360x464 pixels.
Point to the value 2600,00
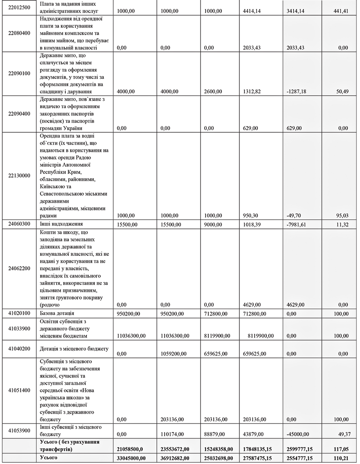click(213, 91)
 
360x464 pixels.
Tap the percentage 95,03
click(339, 216)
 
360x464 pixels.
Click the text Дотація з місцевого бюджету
click(75, 348)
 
